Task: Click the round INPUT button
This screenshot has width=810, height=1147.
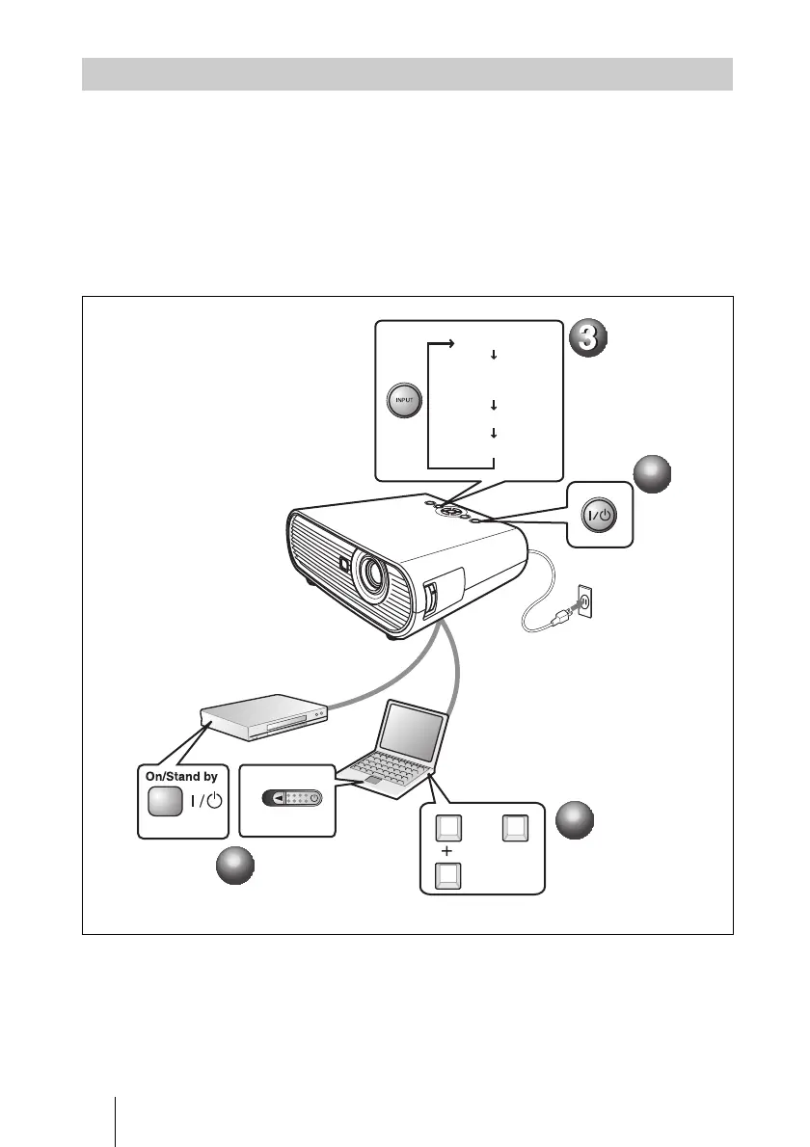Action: coord(401,399)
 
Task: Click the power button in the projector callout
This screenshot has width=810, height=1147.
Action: coord(600,515)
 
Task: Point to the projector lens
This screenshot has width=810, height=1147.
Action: coord(371,573)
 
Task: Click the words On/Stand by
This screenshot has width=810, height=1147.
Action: coord(178,774)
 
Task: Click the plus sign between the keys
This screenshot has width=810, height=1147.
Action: coord(446,851)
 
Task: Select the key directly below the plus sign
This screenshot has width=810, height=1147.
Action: coord(447,875)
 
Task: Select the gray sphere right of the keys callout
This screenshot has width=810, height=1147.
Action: coord(576,819)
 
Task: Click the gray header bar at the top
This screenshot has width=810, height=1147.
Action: coord(407,74)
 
